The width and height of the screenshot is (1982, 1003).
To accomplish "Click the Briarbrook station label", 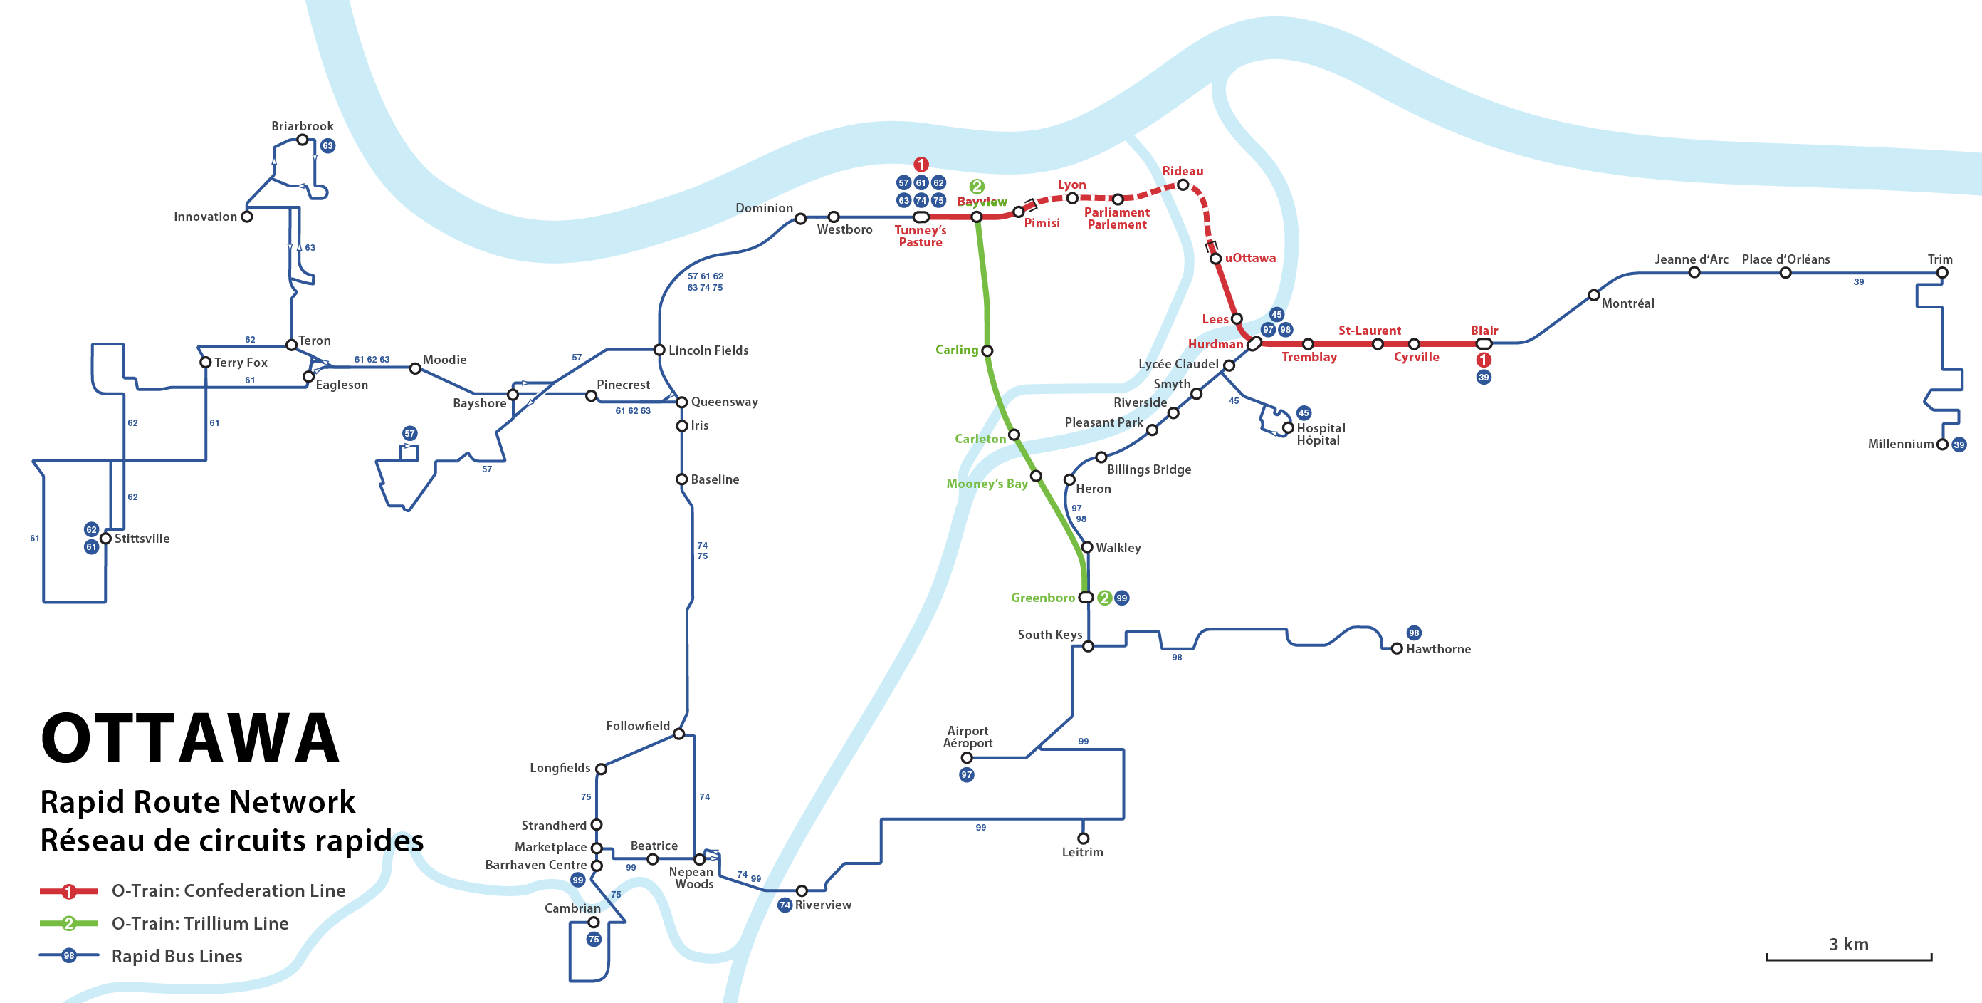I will (x=303, y=126).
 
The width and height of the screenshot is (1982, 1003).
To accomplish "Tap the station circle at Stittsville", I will (x=106, y=538).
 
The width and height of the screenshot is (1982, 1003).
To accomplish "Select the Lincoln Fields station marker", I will (x=659, y=350).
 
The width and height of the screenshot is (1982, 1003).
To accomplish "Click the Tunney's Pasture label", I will (x=921, y=236).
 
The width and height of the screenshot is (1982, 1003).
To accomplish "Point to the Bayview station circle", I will (x=976, y=217).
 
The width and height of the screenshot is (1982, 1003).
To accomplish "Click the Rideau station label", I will (x=1183, y=171).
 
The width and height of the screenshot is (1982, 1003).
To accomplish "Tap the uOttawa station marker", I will (x=1216, y=259).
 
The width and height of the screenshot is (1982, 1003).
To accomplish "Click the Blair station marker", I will (x=1484, y=343).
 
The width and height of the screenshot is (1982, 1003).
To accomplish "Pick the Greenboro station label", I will (x=1042, y=598).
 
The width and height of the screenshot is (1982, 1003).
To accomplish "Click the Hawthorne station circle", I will (x=1397, y=649).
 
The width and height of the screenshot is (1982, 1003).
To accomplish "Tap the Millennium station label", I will (x=1900, y=444).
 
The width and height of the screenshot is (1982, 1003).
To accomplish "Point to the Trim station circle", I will (x=1942, y=273).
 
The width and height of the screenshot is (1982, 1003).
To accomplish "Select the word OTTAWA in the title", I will (x=190, y=738).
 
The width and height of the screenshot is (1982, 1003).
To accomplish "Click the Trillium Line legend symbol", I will (x=68, y=923).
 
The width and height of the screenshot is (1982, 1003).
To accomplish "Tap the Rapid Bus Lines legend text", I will (x=177, y=956).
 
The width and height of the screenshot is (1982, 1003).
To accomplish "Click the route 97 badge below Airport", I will (x=966, y=774).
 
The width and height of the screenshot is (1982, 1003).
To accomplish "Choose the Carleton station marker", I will (x=1014, y=435).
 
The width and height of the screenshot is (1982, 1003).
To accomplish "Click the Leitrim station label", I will (x=1083, y=852).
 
